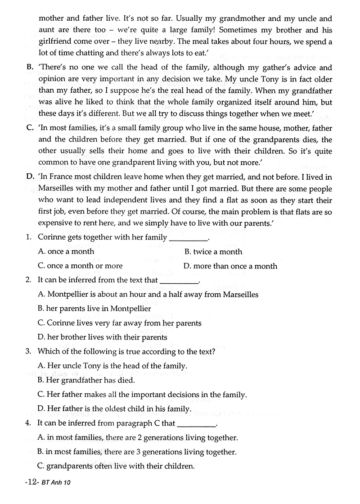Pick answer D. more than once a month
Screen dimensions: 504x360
[x=230, y=266]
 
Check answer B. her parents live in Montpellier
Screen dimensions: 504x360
[x=94, y=309]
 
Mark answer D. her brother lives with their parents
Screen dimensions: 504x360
[x=103, y=337]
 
